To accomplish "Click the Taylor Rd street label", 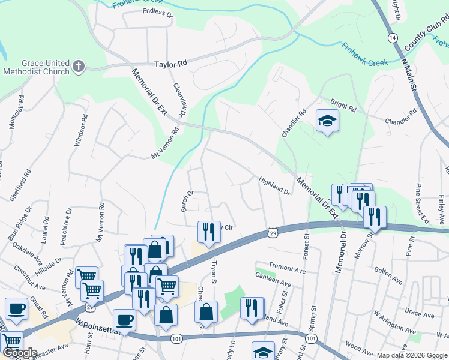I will click(170, 63).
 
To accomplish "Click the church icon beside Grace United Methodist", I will click(79, 67).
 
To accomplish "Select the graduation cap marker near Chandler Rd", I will click(326, 122).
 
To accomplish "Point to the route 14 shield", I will click(392, 37).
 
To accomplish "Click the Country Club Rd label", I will click(427, 35).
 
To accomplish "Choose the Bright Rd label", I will click(343, 104).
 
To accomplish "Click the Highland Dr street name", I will click(274, 185).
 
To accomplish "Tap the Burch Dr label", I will click(187, 202).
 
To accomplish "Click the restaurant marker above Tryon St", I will click(208, 231).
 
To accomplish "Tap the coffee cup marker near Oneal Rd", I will click(16, 308).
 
